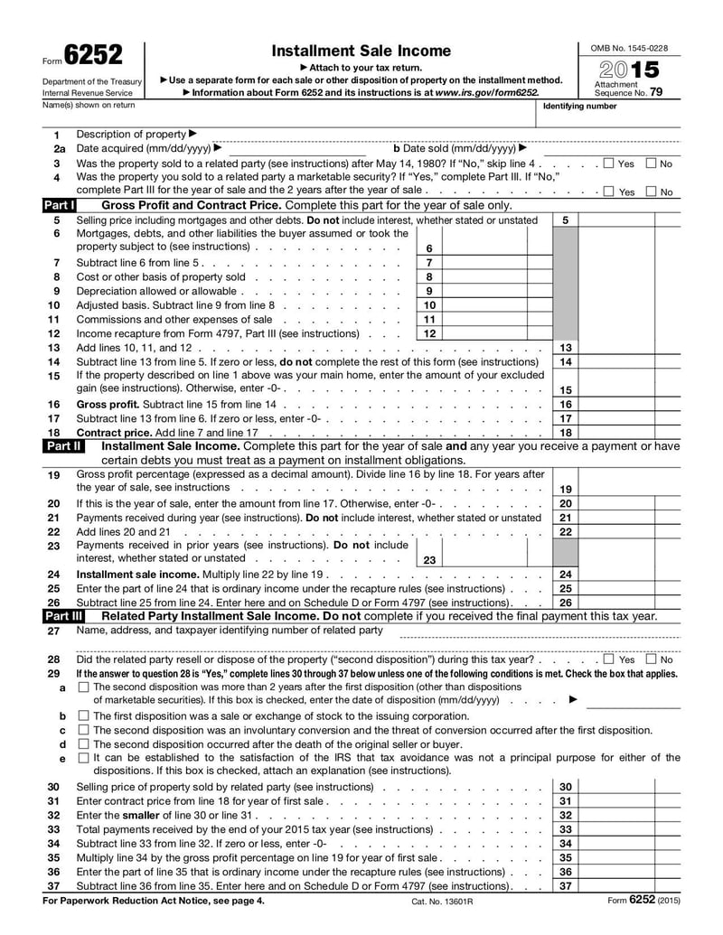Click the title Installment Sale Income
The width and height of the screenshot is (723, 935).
[x=361, y=51]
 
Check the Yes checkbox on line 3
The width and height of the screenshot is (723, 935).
[x=608, y=164]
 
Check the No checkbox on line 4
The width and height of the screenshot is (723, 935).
[x=651, y=192]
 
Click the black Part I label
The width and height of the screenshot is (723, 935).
[x=60, y=206]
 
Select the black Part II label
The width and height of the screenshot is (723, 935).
[x=62, y=446]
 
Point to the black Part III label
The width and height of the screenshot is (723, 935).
[x=63, y=616]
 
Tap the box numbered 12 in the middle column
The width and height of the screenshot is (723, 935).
[x=429, y=333]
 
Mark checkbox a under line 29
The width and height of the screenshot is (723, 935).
[x=83, y=687]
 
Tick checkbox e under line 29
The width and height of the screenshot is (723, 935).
[x=83, y=758]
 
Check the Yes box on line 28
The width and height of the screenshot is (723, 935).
[x=608, y=659]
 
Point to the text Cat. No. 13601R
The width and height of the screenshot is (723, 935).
[x=442, y=902]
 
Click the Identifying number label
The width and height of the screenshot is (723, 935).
[x=579, y=106]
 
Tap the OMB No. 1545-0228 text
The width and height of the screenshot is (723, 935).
[x=629, y=47]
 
